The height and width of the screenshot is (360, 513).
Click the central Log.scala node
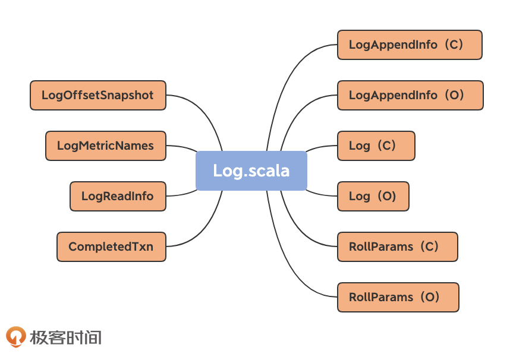tap(251, 171)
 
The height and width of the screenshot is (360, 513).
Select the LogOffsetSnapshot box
tap(97, 95)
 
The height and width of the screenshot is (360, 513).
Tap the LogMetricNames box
tap(105, 146)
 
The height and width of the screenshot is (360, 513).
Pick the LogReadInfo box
tap(118, 196)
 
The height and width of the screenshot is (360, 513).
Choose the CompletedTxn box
tap(111, 247)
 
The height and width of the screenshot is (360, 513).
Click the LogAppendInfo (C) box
tap(410, 45)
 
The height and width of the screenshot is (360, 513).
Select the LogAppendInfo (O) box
tap(410, 95)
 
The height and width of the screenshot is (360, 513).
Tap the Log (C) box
tap(376, 146)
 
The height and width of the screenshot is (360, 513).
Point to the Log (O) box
tap(373, 196)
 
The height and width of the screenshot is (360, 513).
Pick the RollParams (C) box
tap(397, 247)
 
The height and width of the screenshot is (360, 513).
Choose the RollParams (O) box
tap(398, 297)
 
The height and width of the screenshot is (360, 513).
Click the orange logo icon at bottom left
tap(16, 337)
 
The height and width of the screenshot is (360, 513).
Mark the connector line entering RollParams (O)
tap(297, 279)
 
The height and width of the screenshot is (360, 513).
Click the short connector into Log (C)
tap(321, 147)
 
